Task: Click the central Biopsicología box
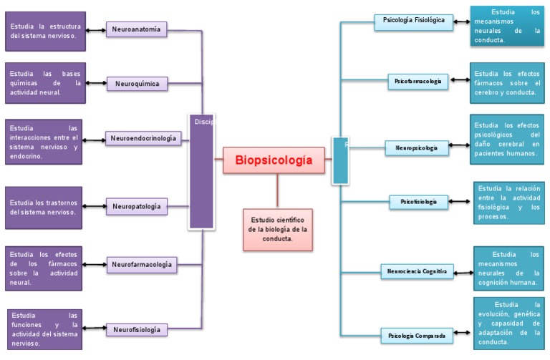coord(274,160)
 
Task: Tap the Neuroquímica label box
coord(137,84)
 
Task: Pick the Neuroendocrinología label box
coord(143,138)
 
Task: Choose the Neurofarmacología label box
coord(142,265)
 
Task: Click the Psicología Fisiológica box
coord(413,21)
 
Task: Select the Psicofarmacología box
coord(419,82)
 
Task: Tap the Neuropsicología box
coord(417,147)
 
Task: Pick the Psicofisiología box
coord(419,202)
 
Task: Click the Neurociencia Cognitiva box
coord(417,271)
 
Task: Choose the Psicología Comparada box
coord(417,335)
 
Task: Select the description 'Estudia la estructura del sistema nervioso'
coord(45,31)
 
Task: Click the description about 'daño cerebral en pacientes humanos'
coord(506,139)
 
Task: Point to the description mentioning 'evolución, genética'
coord(509,323)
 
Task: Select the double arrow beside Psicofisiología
coord(460,203)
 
